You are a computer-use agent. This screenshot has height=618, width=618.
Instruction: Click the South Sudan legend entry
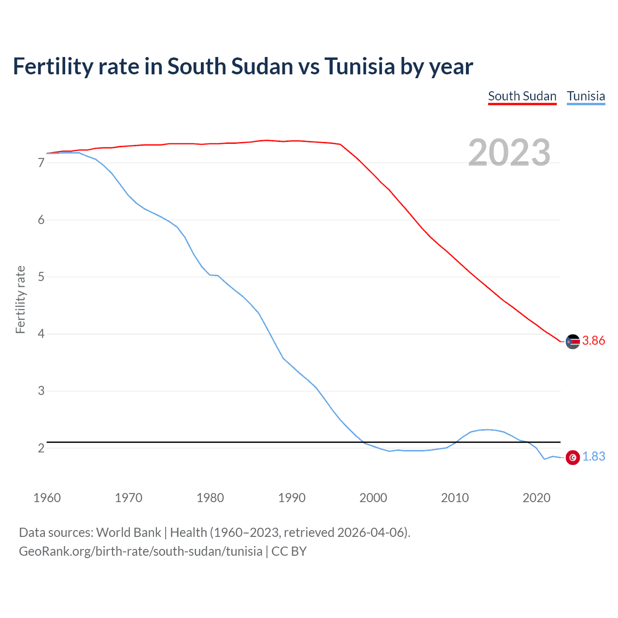(522, 96)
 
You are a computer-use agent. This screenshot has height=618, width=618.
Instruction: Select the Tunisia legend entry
(586, 96)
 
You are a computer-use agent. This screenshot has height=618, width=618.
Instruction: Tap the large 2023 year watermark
(509, 153)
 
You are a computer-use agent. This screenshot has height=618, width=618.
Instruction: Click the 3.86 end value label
(593, 341)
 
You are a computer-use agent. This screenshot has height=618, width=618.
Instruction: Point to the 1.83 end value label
(593, 457)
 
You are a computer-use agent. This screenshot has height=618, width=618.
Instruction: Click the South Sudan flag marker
(573, 341)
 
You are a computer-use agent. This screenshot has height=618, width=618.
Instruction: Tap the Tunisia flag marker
(573, 457)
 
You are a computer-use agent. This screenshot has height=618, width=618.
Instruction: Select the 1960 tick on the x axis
(47, 498)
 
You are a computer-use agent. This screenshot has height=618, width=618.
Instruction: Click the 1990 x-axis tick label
(292, 498)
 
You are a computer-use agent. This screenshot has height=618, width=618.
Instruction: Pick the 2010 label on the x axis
(455, 498)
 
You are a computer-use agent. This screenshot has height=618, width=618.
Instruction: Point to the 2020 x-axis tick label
(536, 498)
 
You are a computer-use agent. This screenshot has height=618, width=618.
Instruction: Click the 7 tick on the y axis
(41, 163)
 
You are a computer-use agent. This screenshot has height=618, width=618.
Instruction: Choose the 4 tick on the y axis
(41, 334)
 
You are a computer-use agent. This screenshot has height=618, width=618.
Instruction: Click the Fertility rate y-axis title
(20, 299)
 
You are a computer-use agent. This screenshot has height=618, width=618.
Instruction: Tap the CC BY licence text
(289, 551)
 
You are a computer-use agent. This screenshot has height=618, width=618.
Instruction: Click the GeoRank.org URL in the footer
(140, 551)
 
